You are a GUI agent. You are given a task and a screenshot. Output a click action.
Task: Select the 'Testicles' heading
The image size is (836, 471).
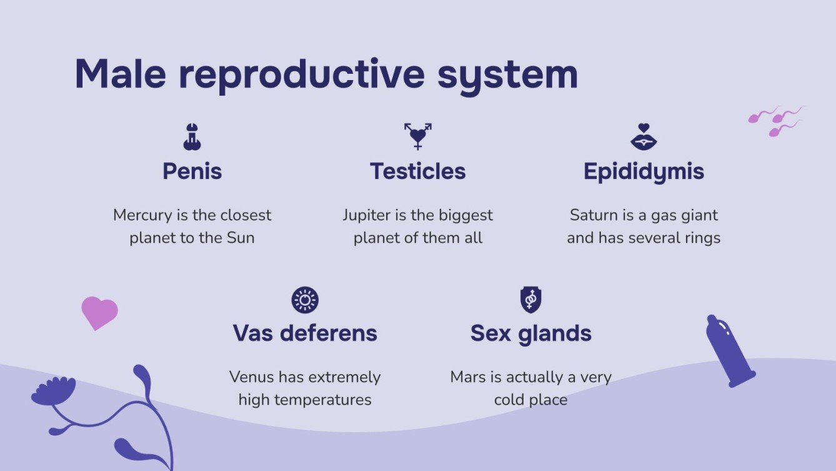(x=417, y=171)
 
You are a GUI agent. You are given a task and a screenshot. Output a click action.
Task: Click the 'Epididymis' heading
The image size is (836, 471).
(x=644, y=171)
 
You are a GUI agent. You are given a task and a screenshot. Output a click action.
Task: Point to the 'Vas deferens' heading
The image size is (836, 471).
(x=305, y=333)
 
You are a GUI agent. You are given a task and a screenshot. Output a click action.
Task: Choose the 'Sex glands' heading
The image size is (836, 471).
(x=530, y=333)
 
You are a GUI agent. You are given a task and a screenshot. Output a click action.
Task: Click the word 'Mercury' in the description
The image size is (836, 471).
(x=142, y=215)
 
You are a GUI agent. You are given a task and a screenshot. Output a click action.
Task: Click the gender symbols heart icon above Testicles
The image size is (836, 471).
(x=417, y=136)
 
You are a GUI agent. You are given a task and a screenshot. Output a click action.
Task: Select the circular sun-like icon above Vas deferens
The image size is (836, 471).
(x=305, y=300)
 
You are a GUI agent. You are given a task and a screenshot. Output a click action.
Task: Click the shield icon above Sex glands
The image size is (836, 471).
(x=530, y=300)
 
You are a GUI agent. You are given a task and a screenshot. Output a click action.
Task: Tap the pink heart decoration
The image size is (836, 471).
(x=99, y=311)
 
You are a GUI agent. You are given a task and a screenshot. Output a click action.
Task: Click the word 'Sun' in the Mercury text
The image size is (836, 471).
(x=241, y=238)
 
